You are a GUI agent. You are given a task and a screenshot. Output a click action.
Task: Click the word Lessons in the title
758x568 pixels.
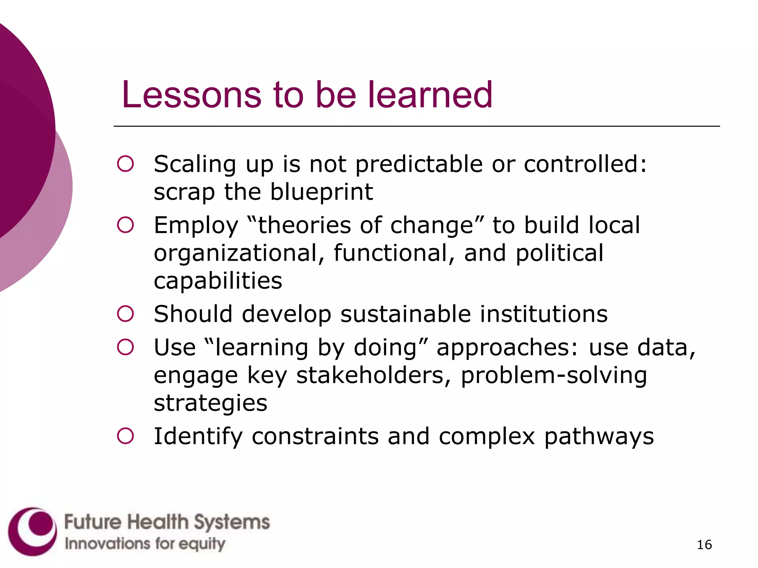pos(191,95)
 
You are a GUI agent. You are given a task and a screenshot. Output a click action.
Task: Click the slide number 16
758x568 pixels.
pos(704,545)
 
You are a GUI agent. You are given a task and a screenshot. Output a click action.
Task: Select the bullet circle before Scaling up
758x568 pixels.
pos(125,164)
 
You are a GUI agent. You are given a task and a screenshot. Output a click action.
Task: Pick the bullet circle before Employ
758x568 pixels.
pos(125,225)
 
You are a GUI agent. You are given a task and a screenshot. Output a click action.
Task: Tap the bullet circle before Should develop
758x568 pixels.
pos(125,314)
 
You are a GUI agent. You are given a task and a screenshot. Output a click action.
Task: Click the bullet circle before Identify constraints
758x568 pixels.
pos(125,436)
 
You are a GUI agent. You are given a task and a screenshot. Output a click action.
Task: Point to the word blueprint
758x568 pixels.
pos(321,192)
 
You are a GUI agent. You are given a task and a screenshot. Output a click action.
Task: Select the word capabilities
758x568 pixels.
pos(218,281)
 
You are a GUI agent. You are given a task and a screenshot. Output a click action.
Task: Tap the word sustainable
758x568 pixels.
pos(405,314)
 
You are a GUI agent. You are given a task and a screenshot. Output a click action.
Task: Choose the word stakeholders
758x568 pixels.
pos(373,376)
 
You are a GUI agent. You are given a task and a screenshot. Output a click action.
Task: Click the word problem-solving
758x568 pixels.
pos(554,376)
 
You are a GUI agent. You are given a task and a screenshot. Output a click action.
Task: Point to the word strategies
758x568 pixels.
pos(210,403)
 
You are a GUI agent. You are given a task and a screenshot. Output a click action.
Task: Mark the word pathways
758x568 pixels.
pos(599,437)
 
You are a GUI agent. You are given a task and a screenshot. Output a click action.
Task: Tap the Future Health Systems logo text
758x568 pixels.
pos(167,522)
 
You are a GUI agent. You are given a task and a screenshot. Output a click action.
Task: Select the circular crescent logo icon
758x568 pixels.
pos(33,531)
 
